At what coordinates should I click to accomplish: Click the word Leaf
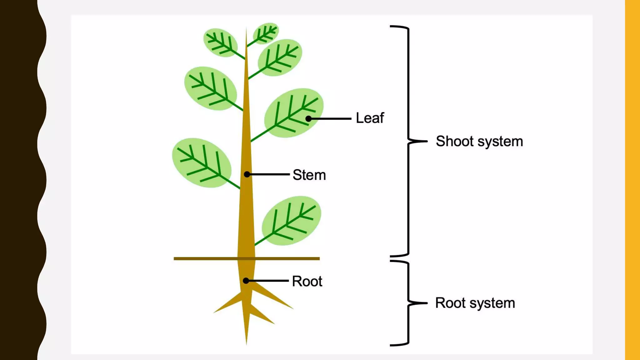370,118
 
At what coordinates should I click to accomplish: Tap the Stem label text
309,175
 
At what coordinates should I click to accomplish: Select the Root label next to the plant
307,281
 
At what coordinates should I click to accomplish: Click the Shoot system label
479,142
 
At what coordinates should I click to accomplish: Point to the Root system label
475,303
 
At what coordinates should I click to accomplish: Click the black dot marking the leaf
308,119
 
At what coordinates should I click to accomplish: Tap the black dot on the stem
247,174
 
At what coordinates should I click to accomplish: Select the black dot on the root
246,281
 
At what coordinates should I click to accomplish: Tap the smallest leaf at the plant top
266,33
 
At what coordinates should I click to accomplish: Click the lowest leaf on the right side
291,221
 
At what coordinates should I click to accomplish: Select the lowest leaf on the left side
202,163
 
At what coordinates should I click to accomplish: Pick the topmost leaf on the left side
220,42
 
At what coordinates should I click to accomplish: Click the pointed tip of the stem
246,29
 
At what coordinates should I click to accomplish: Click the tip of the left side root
215,312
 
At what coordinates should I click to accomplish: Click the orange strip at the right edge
632,180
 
